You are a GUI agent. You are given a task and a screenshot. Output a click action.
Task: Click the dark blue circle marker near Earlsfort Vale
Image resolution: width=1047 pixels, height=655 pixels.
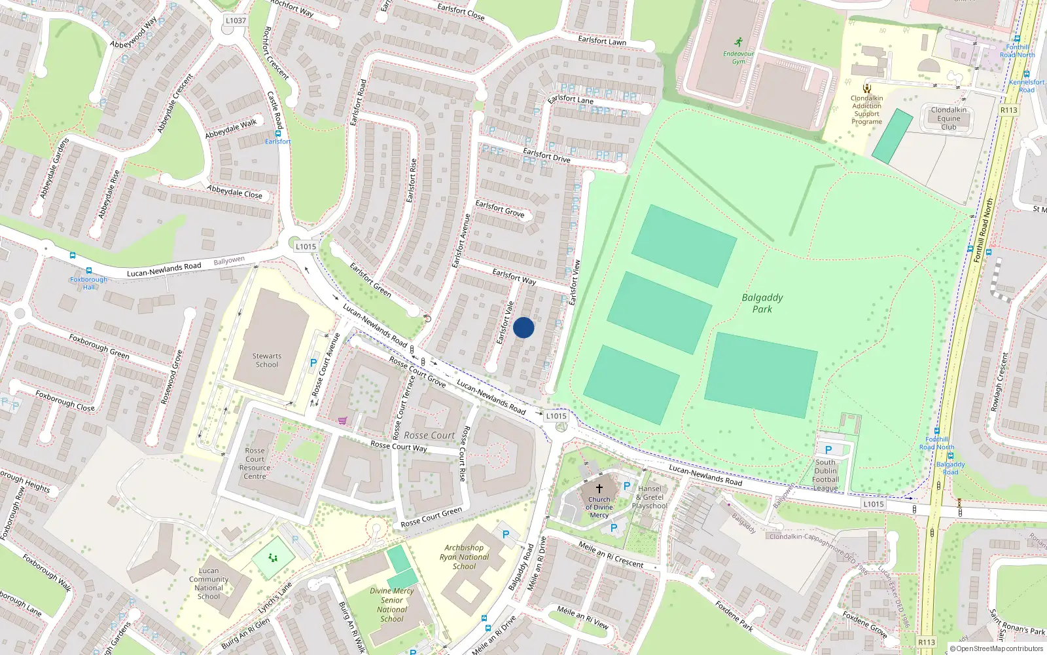click(x=523, y=327)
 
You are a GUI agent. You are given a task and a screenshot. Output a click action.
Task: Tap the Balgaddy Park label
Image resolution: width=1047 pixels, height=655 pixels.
click(x=762, y=303)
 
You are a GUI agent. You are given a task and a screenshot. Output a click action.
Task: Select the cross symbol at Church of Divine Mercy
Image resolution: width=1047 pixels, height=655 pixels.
click(x=599, y=489)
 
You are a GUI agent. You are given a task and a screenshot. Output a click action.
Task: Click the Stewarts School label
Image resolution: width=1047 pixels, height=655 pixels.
click(x=267, y=360)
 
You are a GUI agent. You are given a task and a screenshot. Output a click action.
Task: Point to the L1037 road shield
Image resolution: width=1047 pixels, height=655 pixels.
click(x=236, y=20)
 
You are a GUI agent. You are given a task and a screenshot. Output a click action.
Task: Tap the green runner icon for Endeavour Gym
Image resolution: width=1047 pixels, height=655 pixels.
click(x=739, y=42)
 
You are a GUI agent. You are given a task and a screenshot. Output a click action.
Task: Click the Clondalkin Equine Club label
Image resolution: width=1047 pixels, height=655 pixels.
click(x=949, y=119)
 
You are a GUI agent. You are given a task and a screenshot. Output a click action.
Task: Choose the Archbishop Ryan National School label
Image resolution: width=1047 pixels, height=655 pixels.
click(x=465, y=557)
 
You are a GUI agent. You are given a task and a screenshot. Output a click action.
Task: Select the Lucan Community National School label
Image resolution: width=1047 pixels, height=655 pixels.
click(x=209, y=583)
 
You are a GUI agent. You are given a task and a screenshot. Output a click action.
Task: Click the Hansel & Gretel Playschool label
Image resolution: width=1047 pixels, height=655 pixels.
click(x=650, y=497)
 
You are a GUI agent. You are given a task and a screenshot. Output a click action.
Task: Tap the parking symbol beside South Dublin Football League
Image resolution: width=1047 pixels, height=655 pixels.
click(x=828, y=450)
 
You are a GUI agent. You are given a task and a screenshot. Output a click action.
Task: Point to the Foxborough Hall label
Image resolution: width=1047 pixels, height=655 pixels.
click(x=89, y=283)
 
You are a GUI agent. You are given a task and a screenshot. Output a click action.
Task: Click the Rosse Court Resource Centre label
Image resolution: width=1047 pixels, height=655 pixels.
click(x=255, y=463)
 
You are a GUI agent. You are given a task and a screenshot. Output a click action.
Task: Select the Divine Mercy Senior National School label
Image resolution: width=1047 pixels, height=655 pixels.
click(x=392, y=605)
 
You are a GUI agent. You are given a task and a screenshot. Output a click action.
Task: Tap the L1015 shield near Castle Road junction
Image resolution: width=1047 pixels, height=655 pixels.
click(x=306, y=246)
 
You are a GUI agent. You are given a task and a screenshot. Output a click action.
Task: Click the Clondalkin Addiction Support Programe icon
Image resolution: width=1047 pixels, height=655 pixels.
click(x=867, y=88)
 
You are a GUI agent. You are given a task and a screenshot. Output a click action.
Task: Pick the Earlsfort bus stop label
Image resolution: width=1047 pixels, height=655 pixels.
click(x=277, y=141)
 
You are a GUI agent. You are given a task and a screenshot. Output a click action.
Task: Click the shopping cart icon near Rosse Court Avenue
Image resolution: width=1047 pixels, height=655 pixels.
click(x=342, y=421)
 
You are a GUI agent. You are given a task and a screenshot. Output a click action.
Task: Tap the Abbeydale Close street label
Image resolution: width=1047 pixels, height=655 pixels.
click(x=234, y=192)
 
